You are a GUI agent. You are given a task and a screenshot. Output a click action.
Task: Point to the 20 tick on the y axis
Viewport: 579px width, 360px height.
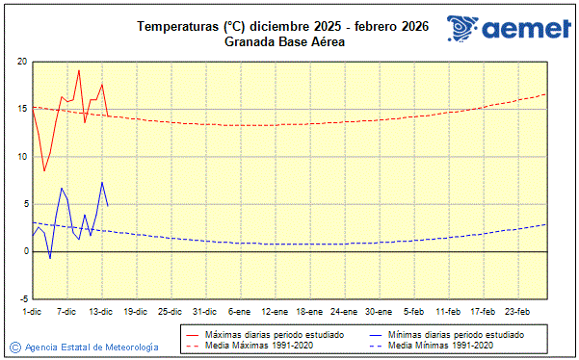click(x=22, y=62)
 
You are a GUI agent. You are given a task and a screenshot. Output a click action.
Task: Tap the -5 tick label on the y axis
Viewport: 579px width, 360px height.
click(x=22, y=298)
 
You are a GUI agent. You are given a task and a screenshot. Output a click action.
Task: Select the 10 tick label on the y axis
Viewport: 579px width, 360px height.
click(x=22, y=156)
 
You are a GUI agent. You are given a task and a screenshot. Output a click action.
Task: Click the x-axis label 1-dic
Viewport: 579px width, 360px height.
click(x=32, y=311)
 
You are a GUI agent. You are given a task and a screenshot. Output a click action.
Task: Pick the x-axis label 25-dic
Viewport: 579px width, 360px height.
click(x=170, y=311)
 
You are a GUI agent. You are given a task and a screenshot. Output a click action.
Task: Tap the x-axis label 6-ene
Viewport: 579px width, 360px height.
click(x=239, y=311)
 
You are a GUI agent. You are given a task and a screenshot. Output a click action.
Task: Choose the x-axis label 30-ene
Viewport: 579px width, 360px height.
click(x=378, y=311)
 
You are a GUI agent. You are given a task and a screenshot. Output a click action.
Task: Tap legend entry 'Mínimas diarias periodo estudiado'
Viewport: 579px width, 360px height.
click(x=455, y=334)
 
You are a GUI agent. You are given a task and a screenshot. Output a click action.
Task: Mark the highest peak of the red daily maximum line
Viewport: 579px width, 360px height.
click(x=79, y=70)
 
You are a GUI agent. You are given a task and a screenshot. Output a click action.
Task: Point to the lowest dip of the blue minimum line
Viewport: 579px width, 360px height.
click(x=50, y=258)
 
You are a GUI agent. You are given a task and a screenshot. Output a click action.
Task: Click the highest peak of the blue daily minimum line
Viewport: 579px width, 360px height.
click(x=102, y=182)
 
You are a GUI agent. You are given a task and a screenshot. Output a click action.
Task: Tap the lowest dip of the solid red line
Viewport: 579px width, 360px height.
click(x=44, y=171)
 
